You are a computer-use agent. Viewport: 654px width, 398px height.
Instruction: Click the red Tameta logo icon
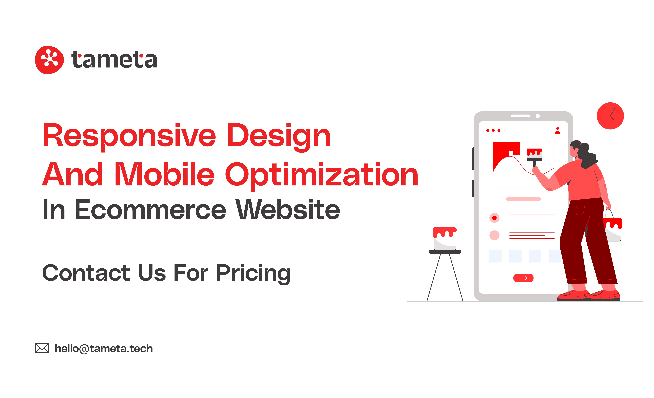pyautogui.click(x=49, y=60)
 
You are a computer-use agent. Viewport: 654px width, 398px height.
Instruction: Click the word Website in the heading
pyautogui.click(x=288, y=210)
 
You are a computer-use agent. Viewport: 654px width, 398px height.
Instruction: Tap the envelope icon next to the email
pyautogui.click(x=42, y=348)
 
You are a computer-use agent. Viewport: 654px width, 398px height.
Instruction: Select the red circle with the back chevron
pyautogui.click(x=610, y=116)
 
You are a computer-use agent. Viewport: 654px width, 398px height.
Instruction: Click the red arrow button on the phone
pyautogui.click(x=523, y=278)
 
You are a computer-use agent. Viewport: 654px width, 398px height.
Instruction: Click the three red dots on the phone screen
pyautogui.click(x=493, y=131)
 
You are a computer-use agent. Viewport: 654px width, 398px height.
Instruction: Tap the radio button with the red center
pyautogui.click(x=494, y=218)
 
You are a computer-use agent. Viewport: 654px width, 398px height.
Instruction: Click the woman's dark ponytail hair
pyautogui.click(x=588, y=156)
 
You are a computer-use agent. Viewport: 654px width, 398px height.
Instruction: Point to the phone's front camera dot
pyautogui.click(x=538, y=116)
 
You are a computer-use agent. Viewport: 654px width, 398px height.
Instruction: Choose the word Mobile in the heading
pyautogui.click(x=165, y=175)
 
